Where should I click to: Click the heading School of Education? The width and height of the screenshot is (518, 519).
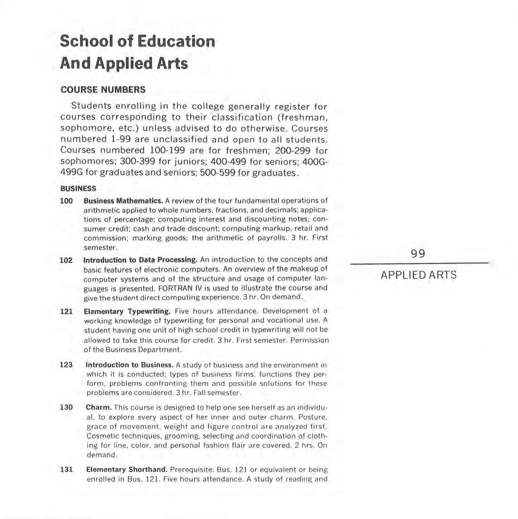tap(137, 42)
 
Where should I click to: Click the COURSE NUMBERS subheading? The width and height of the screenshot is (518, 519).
tap(103, 89)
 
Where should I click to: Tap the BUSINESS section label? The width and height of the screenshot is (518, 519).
tap(78, 189)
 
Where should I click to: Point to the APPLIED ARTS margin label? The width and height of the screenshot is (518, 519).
tap(419, 275)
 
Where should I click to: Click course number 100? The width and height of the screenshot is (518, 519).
tap(67, 201)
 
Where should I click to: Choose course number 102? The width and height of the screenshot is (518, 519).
tap(67, 260)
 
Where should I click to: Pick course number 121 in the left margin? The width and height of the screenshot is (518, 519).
tap(67, 311)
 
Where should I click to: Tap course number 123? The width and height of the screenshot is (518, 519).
tap(66, 365)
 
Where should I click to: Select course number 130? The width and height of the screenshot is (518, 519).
tap(66, 408)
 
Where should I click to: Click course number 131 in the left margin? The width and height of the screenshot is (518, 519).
tap(66, 470)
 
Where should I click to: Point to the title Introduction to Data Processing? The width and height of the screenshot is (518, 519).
tap(140, 260)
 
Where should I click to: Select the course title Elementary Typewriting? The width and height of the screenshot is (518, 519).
tap(127, 311)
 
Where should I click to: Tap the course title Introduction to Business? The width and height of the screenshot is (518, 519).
tap(130, 365)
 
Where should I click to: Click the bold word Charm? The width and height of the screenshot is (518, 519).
tap(98, 408)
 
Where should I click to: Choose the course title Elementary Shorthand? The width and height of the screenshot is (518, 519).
tap(127, 470)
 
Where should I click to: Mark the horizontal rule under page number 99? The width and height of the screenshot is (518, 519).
tap(419, 264)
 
